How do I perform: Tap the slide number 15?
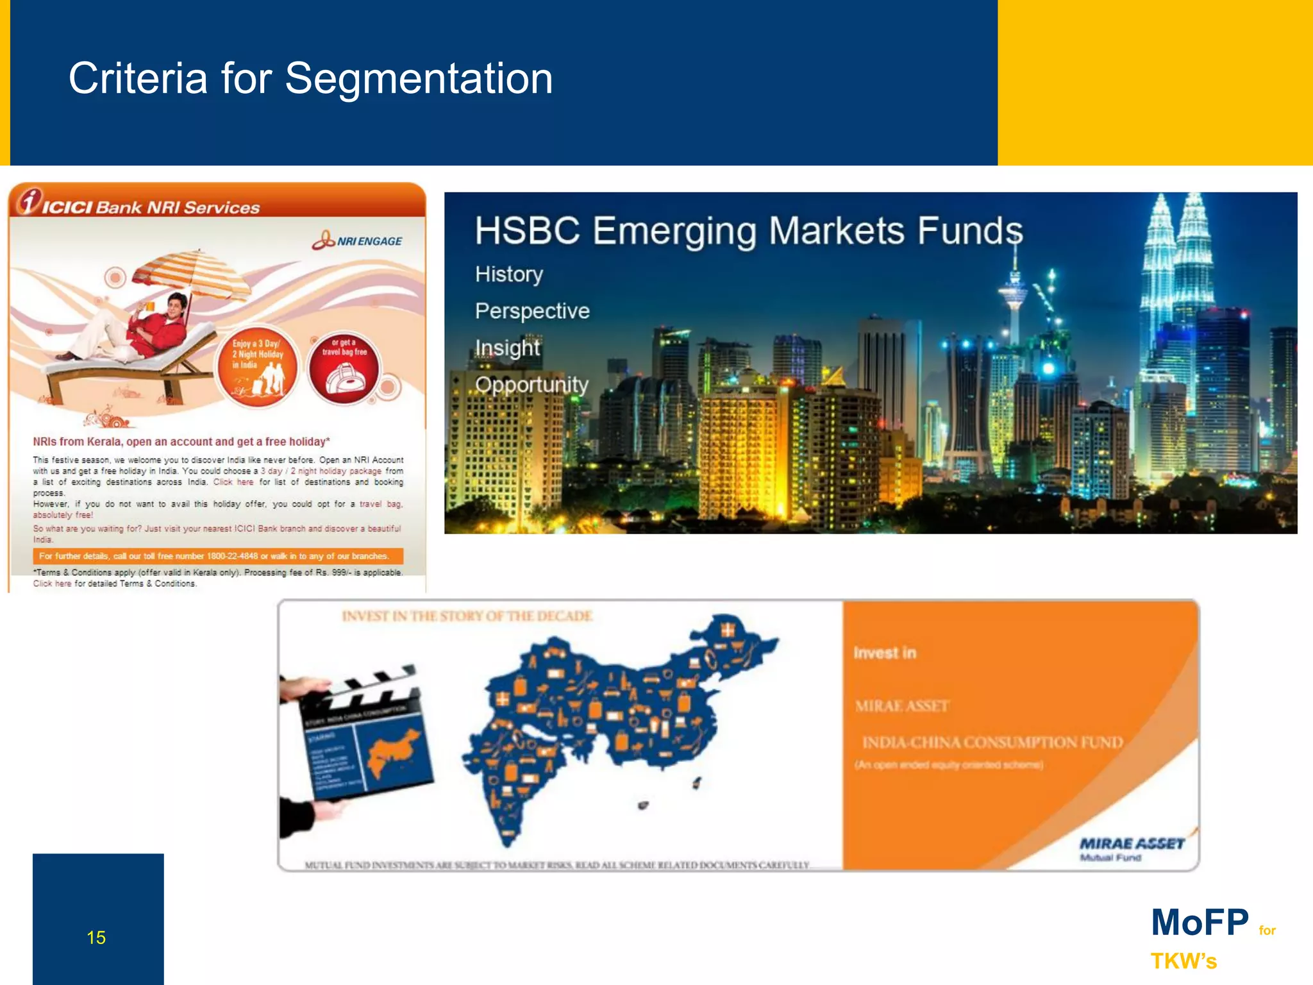(96, 938)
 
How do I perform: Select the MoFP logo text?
(1200, 922)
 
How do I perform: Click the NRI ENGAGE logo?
(357, 240)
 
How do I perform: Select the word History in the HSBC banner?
(509, 274)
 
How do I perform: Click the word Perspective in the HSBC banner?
(532, 311)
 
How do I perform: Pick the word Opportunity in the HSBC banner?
(531, 385)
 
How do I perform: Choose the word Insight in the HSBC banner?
(508, 348)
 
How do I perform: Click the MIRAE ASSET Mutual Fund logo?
(1132, 848)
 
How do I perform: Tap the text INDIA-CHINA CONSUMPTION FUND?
(992, 743)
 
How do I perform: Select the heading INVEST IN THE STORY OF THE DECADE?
(467, 616)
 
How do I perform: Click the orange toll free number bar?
(218, 556)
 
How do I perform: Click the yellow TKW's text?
(1183, 961)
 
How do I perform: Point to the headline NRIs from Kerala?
(181, 441)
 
